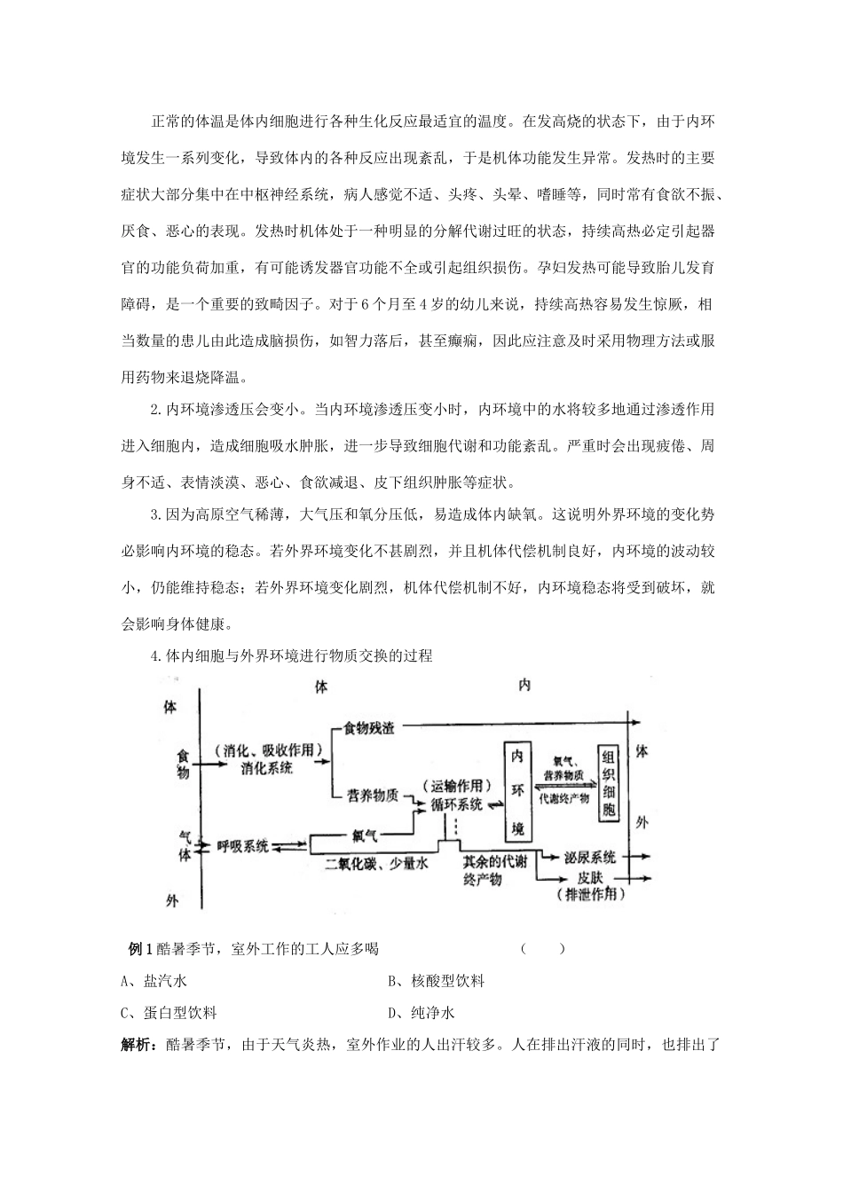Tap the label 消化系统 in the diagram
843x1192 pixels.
point(266,769)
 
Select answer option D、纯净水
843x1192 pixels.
point(421,1013)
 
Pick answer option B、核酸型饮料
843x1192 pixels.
point(436,981)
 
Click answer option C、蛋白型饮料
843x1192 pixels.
point(169,1013)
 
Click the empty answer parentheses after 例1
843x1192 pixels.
point(543,949)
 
